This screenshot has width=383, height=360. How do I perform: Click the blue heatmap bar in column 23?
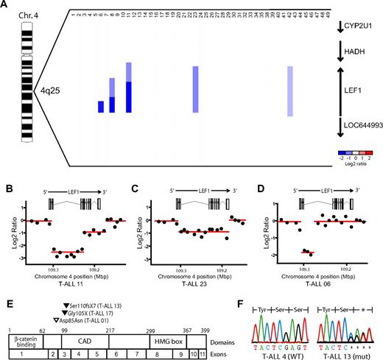195,89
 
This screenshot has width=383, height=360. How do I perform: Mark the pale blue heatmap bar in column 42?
290,91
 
